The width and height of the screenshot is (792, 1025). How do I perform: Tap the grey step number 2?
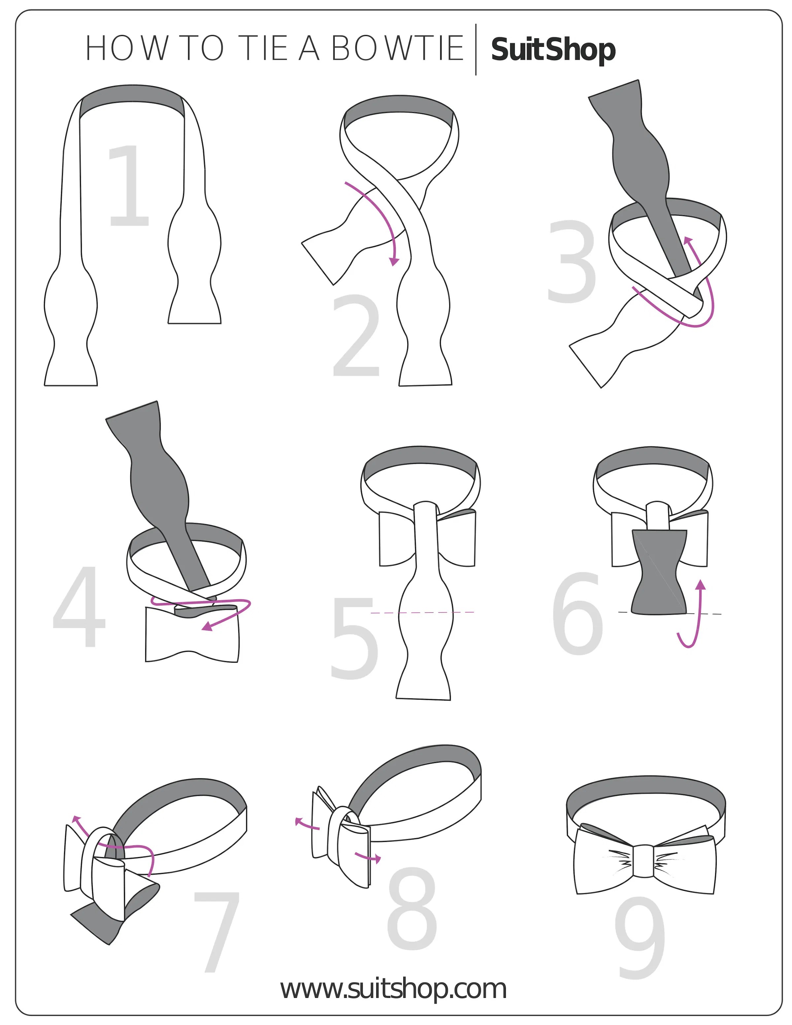[x=357, y=336]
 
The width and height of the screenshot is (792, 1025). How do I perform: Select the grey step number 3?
[x=572, y=261]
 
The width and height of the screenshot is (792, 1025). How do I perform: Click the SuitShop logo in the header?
[x=553, y=50]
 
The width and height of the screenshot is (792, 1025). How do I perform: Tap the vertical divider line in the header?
[x=476, y=49]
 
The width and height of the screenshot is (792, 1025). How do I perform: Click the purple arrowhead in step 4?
[x=207, y=627]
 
